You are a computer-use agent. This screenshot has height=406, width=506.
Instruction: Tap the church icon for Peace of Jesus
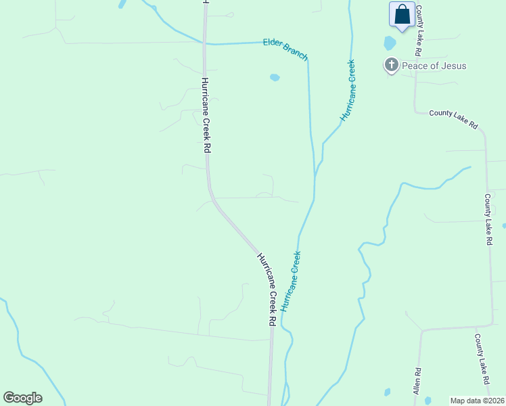pos(391,66)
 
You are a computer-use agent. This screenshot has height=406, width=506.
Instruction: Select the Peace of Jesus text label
pos(434,66)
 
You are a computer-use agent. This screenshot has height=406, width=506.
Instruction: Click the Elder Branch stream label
pos(285,49)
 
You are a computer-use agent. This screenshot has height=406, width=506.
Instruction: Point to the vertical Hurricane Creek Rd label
pos(205,115)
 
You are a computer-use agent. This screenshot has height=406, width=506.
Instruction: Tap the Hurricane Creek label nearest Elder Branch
pos(348,91)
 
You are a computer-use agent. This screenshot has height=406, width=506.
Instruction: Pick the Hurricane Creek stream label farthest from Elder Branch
pos(291,281)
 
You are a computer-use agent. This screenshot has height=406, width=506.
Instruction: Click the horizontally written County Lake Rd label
pos(453,119)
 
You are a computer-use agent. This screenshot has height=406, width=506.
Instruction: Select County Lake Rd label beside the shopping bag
pos(419,30)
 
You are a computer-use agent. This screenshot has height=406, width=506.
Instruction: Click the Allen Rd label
pos(418,381)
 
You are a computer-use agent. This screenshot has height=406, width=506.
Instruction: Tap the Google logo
pos(22,398)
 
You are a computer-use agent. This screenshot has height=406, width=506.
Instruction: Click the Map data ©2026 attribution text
pos(477,401)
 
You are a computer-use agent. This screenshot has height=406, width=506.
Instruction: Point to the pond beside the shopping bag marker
pos(390,43)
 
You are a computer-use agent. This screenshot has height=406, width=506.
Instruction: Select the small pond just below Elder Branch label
pos(275,77)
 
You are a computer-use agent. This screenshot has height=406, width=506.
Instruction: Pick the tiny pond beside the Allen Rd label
pos(387,392)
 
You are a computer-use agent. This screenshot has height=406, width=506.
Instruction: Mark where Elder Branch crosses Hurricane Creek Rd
pos(205,43)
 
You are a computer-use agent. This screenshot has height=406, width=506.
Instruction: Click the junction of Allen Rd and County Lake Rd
pos(421,331)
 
